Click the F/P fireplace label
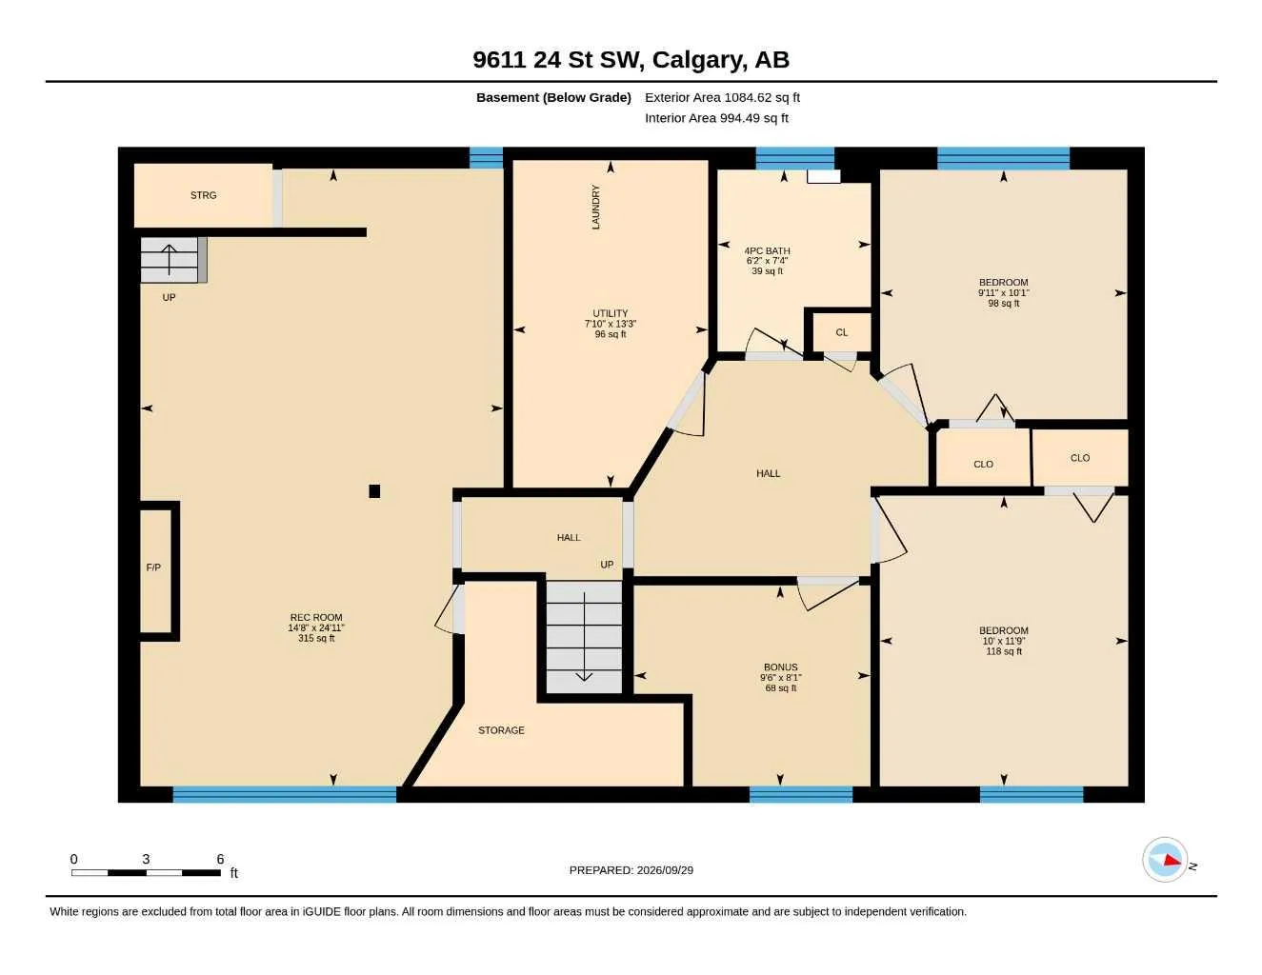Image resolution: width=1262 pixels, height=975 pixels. click(x=153, y=567)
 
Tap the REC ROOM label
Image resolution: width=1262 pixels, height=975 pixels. click(x=316, y=618)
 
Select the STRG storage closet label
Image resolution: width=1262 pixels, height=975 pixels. click(x=203, y=195)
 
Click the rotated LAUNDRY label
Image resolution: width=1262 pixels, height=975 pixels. click(x=595, y=207)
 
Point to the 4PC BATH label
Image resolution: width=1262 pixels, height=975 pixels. click(x=767, y=250)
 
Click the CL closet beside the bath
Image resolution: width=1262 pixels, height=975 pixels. click(x=842, y=332)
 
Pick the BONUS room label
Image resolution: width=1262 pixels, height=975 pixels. click(x=781, y=667)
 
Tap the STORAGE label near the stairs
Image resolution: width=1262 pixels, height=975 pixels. click(x=501, y=730)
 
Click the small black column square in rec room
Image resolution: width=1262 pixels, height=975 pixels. click(x=374, y=491)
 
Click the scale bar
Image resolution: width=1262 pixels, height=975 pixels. click(x=146, y=872)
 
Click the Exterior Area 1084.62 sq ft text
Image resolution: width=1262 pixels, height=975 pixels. click(x=722, y=97)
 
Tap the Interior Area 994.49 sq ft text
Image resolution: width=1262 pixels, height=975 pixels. click(x=716, y=118)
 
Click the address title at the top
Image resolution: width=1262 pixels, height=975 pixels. click(x=631, y=60)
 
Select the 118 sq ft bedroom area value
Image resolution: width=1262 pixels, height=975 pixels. click(x=1004, y=651)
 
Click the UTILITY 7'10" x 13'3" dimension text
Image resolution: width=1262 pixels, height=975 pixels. click(x=611, y=324)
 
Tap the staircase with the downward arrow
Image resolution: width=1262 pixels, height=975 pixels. click(x=584, y=637)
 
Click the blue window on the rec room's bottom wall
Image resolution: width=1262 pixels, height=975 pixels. click(x=285, y=794)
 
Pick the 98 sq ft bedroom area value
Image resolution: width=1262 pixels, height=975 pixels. click(x=1004, y=303)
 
